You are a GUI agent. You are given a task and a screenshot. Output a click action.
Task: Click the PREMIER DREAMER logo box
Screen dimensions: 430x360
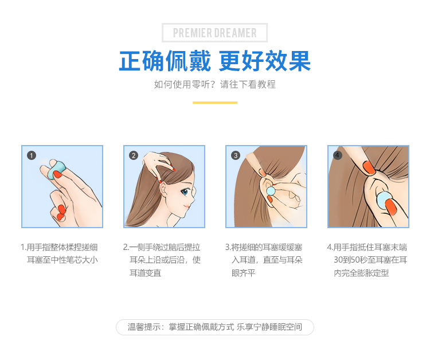[x=215, y=33]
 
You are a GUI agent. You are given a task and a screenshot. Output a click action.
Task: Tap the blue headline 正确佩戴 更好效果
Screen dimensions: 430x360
[x=215, y=61]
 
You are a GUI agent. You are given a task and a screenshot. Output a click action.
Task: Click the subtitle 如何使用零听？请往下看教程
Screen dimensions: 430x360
[x=215, y=84]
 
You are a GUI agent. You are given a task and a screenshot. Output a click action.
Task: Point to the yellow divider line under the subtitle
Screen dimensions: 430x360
[x=215, y=103]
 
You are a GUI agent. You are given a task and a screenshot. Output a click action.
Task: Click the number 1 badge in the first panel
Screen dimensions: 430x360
[x=32, y=155]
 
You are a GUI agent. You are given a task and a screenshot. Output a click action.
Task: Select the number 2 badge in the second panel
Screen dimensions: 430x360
[x=134, y=155]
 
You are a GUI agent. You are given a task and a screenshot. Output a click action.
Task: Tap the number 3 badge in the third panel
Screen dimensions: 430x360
[x=236, y=155]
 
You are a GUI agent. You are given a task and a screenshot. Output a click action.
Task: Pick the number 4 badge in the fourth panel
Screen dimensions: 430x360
[x=337, y=155]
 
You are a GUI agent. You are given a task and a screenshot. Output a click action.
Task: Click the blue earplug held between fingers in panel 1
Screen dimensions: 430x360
[x=56, y=170]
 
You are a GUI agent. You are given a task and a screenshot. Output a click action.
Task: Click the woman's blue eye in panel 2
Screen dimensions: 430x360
[x=185, y=191]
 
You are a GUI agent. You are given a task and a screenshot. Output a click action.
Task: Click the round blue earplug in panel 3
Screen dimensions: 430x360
[x=271, y=190]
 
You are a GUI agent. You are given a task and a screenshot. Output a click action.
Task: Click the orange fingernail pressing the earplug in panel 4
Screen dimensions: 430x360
[x=391, y=207]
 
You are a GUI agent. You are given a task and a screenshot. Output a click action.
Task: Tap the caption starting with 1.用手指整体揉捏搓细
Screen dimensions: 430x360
[x=59, y=253]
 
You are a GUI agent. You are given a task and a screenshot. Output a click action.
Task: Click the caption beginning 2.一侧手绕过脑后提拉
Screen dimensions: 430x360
[x=162, y=260]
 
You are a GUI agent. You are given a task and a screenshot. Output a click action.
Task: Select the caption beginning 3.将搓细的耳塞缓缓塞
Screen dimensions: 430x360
[x=264, y=260]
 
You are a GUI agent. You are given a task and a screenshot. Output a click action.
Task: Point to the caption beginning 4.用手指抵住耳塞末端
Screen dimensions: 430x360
[x=367, y=260]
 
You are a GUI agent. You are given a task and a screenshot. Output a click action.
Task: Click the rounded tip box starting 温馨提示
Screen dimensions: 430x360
[x=215, y=327]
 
